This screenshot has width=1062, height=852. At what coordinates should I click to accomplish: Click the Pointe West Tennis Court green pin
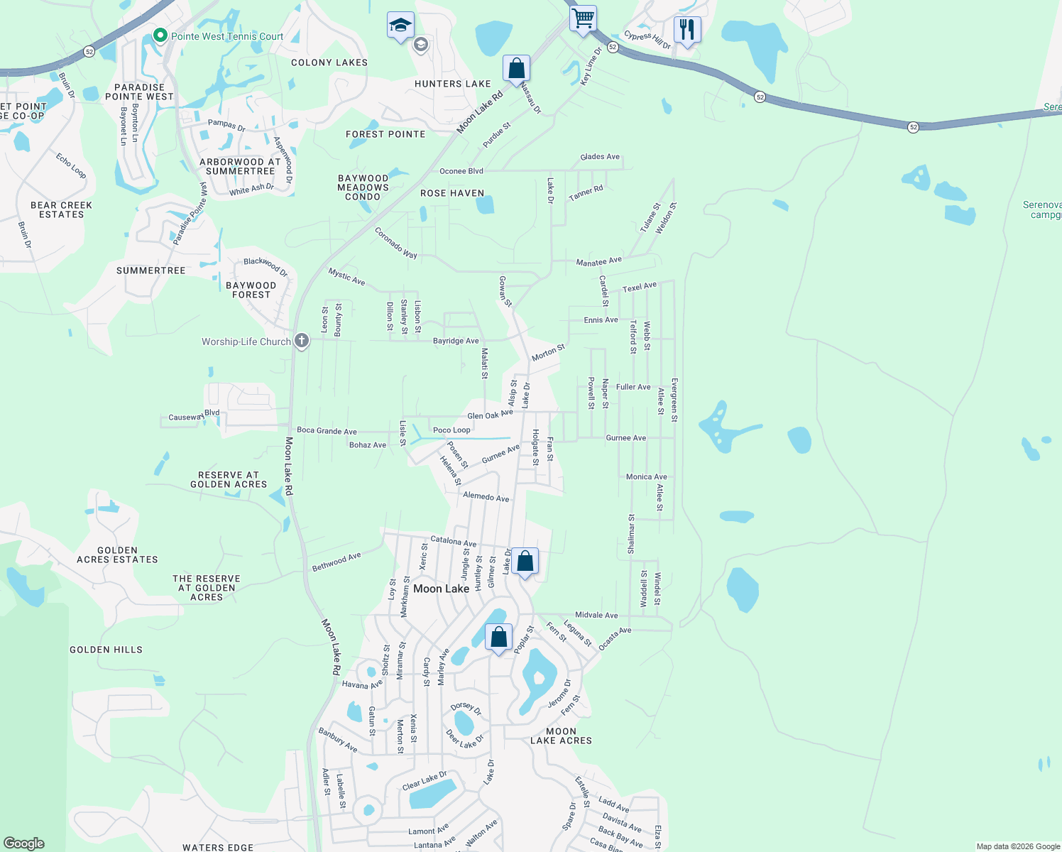[x=160, y=35]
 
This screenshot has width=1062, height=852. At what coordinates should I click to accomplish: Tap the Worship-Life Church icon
[x=302, y=342]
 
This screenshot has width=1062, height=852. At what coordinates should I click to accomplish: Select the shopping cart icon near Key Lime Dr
[x=583, y=18]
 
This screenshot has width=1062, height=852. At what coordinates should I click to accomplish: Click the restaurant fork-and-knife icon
[x=686, y=30]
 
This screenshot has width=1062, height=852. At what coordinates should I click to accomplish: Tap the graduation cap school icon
[x=400, y=26]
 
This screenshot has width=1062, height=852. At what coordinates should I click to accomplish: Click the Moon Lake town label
[x=441, y=589]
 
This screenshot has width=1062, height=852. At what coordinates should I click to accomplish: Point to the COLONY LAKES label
[x=329, y=62]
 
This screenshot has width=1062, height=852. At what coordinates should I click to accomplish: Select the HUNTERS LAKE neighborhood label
[x=452, y=84]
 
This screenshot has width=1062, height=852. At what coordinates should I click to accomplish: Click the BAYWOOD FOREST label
[x=251, y=290]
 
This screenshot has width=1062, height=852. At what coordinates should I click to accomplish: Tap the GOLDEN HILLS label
[x=106, y=650]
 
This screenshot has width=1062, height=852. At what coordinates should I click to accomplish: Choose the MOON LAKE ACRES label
[x=561, y=736]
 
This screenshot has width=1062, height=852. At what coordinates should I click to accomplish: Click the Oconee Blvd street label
[x=461, y=171]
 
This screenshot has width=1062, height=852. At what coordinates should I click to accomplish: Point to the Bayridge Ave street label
[x=456, y=341]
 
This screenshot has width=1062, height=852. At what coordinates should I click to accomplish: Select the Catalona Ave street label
[x=454, y=541]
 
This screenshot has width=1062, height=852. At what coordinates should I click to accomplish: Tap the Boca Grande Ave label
[x=327, y=431]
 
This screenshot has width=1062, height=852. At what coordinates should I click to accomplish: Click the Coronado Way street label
[x=395, y=243]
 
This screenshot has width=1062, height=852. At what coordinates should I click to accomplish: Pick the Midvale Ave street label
[x=596, y=615]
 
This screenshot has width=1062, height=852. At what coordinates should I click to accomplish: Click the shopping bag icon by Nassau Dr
[x=516, y=69]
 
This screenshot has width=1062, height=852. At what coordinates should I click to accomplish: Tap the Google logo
[x=24, y=843]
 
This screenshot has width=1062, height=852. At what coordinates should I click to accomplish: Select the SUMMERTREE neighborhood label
[x=150, y=271]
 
